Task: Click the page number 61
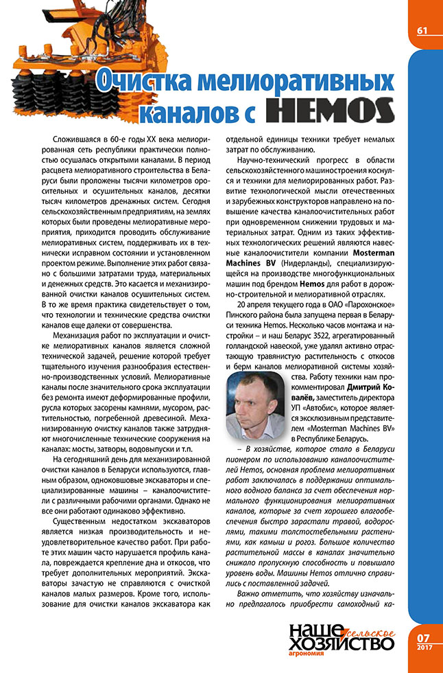click(x=422, y=31)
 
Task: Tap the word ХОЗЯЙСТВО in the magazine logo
click(x=341, y=643)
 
